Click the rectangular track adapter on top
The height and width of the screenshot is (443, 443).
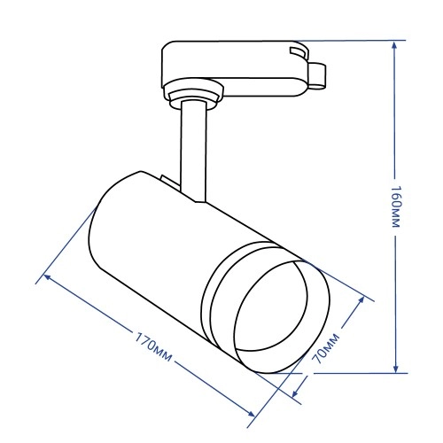[x=230, y=66]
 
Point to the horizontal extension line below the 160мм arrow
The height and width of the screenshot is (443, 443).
[x=354, y=373]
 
